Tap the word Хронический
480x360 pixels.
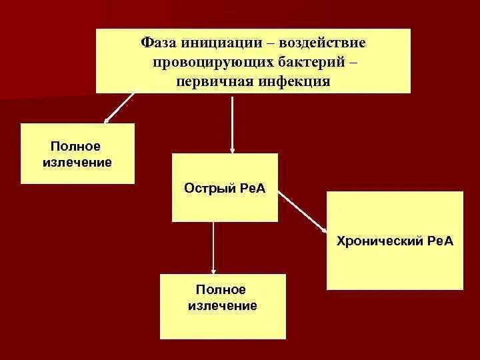point(375,241)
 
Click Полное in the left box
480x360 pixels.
point(77,146)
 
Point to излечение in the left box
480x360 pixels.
point(77,162)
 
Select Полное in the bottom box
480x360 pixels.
point(222,290)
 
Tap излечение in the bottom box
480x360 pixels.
point(222,306)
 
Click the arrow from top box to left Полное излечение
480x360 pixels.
point(119,108)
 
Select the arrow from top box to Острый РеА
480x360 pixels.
point(231,123)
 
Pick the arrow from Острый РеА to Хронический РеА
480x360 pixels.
point(302,211)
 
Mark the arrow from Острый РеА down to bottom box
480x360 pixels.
point(213,247)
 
